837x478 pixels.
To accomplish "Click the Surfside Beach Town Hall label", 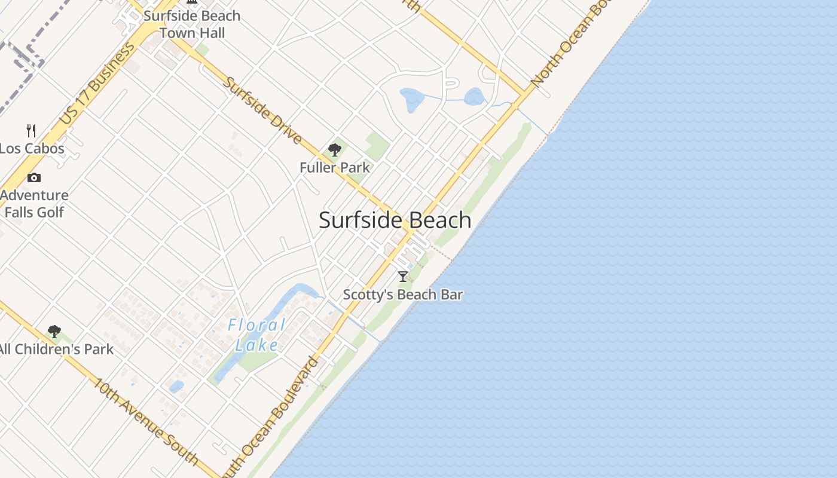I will click(x=192, y=24).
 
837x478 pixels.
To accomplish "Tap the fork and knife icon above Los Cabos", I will click(x=31, y=130).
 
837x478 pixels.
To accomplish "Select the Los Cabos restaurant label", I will click(x=32, y=148).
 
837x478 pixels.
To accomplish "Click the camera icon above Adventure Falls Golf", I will click(x=34, y=177).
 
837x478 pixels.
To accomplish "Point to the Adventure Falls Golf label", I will click(x=35, y=204).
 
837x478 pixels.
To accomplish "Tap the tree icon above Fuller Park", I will click(x=335, y=149).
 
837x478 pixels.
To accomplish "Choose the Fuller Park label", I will click(x=335, y=168).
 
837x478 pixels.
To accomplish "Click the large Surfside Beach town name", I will click(x=395, y=220).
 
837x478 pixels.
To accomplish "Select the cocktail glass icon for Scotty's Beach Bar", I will click(x=403, y=276).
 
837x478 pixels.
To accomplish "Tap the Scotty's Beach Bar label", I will click(x=403, y=295).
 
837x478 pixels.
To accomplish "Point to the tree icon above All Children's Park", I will click(x=54, y=331).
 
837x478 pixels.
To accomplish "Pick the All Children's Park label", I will click(x=57, y=350).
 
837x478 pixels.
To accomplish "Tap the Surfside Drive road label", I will click(x=262, y=111).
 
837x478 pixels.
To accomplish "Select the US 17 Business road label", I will click(x=97, y=84).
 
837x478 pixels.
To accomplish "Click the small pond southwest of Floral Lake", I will click(x=176, y=387).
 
